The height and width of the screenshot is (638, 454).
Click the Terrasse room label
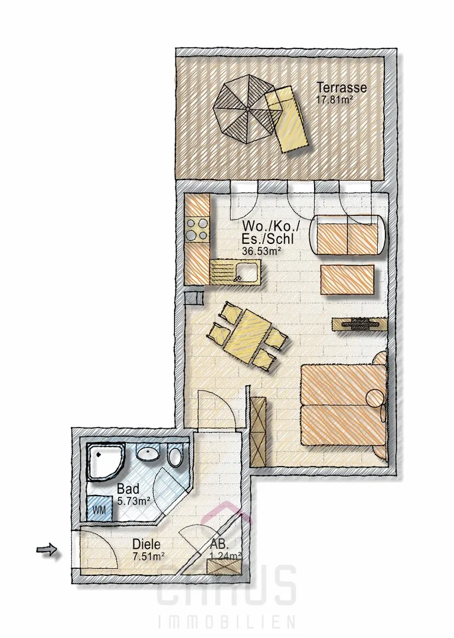pyautogui.click(x=342, y=87)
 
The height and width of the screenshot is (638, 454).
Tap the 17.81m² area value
pyautogui.click(x=334, y=100)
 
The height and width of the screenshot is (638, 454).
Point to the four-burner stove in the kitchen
pyautogui.click(x=197, y=230)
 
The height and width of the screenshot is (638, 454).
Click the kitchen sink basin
pyautogui.click(x=247, y=271)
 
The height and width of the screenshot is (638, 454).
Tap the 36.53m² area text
pyautogui.click(x=262, y=251)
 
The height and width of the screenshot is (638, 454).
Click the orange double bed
pyautogui.click(x=344, y=405)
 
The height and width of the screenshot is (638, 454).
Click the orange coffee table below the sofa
pyautogui.click(x=347, y=279)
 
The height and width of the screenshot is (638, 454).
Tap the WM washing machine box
pyautogui.click(x=99, y=508)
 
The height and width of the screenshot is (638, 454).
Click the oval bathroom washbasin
pyautogui.click(x=149, y=453)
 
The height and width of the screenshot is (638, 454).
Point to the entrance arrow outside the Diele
pyautogui.click(x=47, y=550)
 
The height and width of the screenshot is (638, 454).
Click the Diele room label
pyautogui.click(x=146, y=544)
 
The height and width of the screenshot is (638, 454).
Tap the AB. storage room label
pyautogui.click(x=219, y=544)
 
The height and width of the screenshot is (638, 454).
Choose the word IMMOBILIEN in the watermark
pyautogui.click(x=227, y=623)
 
